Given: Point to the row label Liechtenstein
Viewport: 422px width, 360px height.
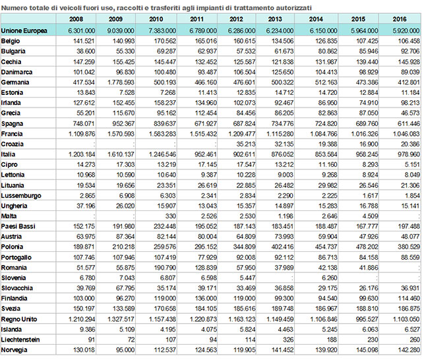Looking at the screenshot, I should pos(22,340).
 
